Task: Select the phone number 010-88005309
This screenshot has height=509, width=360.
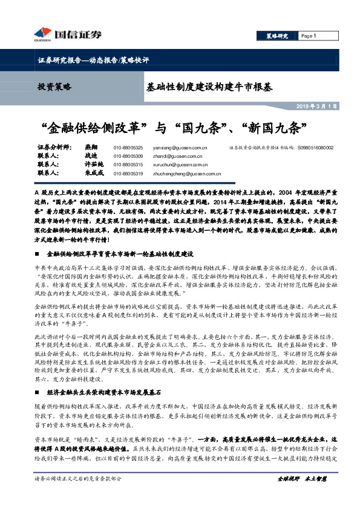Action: click(128, 156)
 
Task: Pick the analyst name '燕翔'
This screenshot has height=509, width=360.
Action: click(91, 148)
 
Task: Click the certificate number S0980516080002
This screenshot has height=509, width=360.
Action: click(315, 148)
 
